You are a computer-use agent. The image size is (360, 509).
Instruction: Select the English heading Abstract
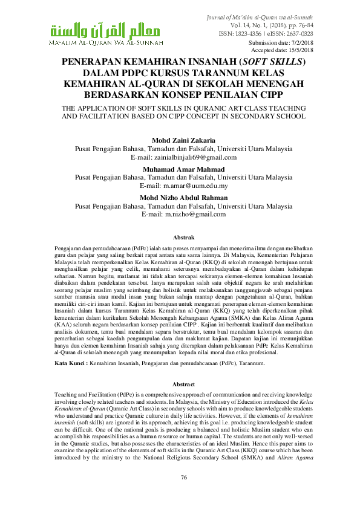[184, 384]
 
